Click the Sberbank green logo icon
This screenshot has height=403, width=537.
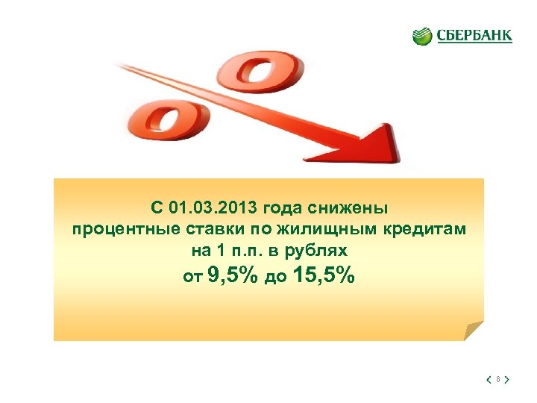tap(423, 36)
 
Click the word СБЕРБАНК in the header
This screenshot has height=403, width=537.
tap(474, 36)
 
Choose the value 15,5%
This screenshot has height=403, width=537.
tap(325, 277)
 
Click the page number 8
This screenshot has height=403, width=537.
tap(497, 380)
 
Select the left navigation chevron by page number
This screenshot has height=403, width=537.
tap(488, 380)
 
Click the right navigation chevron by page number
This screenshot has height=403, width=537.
tap(507, 380)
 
